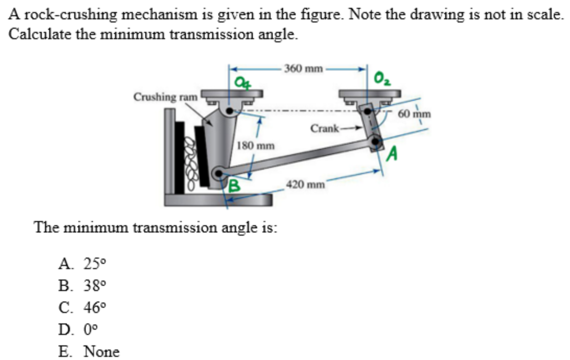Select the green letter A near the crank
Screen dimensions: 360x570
393,154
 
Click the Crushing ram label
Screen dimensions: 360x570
166,97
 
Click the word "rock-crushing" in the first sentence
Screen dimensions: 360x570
55,14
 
